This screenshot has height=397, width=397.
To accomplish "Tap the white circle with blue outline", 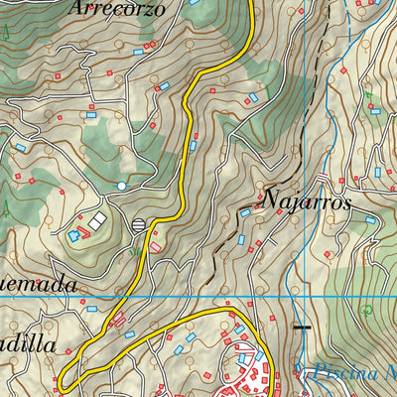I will (x=121, y=186).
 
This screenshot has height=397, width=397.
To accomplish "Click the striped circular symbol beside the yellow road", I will (x=139, y=224).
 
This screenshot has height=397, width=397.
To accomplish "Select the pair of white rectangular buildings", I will (x=97, y=220).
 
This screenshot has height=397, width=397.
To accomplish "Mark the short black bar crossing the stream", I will (x=301, y=326).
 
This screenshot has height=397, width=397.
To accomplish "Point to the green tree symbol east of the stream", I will (x=366, y=310).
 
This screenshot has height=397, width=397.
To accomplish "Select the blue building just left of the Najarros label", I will (x=245, y=211).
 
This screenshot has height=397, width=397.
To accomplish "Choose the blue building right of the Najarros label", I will (x=370, y=220).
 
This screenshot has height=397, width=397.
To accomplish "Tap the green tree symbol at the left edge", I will (x=6, y=208).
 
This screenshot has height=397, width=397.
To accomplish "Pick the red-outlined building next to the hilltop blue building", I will (x=83, y=233).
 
